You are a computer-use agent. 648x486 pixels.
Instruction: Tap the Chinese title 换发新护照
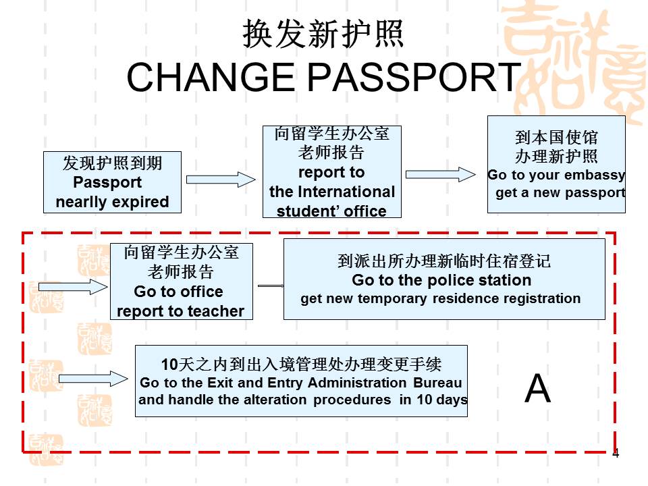323,34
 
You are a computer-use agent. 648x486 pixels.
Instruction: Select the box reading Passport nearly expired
112,182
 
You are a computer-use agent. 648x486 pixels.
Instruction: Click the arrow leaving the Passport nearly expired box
221,180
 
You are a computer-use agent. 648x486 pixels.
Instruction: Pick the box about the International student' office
331,172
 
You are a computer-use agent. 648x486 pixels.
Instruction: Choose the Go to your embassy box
556,165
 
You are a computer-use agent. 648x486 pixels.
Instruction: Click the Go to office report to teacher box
181,281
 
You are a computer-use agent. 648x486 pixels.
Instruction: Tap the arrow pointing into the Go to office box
73,287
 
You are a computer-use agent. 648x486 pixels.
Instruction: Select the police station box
443,279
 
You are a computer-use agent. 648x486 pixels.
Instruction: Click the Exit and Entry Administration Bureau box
301,381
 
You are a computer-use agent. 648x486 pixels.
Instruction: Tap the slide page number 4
615,454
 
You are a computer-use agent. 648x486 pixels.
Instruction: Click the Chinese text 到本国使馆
556,138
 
